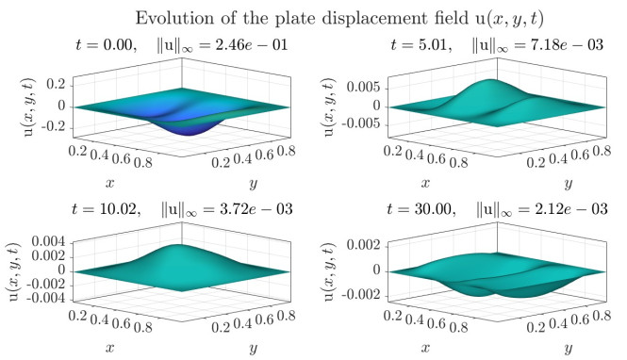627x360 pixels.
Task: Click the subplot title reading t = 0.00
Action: click(x=105, y=44)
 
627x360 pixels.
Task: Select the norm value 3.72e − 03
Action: click(x=256, y=209)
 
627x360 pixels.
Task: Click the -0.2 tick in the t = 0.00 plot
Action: click(x=56, y=128)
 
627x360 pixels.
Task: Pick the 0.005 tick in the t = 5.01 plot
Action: click(x=364, y=87)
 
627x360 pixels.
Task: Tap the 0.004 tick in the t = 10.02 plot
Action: click(x=48, y=242)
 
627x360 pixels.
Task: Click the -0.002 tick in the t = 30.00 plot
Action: click(x=360, y=295)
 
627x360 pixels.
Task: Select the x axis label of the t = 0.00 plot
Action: click(x=110, y=184)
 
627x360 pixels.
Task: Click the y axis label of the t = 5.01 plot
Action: click(x=569, y=184)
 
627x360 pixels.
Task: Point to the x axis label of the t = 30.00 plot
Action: click(x=425, y=348)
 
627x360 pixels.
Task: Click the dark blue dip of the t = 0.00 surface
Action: click(x=187, y=129)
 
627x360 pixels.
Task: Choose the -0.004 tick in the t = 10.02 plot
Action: click(x=47, y=299)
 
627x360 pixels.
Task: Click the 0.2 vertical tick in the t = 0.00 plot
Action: click(x=56, y=84)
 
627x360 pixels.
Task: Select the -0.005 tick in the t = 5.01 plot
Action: click(x=362, y=123)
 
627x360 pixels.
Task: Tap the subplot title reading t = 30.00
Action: click(x=421, y=209)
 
